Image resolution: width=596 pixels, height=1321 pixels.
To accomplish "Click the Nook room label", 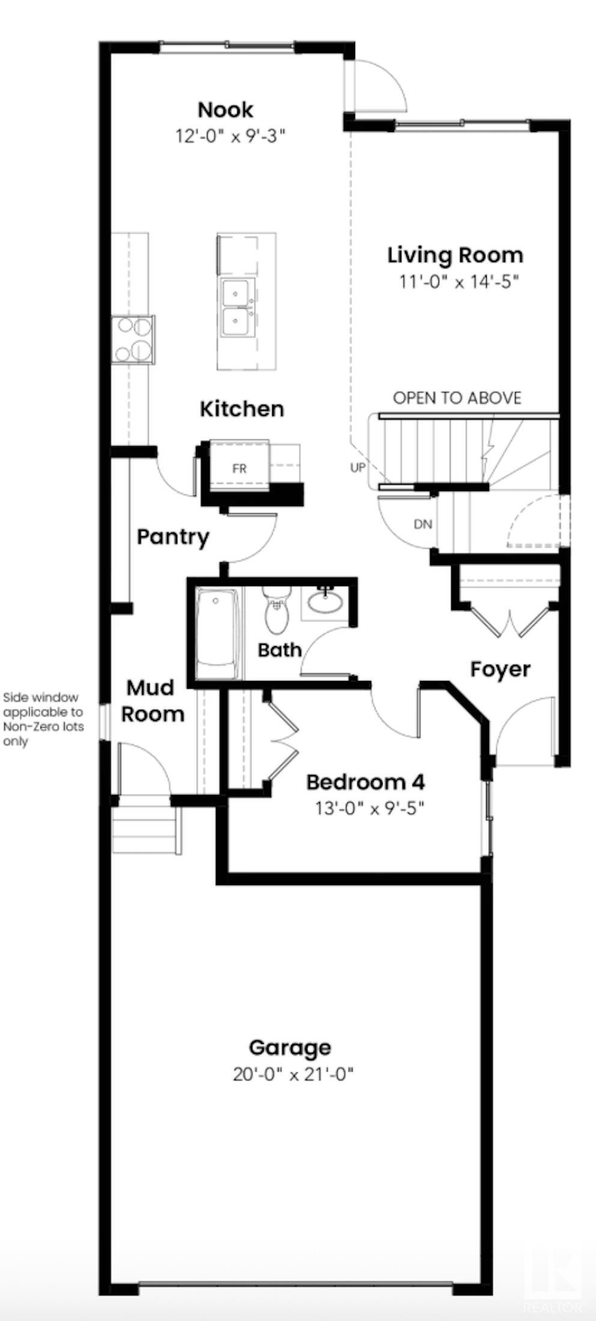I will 226,110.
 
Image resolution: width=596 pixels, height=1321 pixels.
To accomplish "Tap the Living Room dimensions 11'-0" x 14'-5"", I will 458,281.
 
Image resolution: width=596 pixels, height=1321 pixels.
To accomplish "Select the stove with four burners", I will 133,339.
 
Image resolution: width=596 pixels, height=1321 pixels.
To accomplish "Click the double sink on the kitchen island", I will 238,307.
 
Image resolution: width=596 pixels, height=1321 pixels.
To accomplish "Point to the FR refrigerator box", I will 239,468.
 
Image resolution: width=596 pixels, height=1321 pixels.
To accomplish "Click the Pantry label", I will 173,536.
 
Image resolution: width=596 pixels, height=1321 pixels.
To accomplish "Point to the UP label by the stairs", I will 357,467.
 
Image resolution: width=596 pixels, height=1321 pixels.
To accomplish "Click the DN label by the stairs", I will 423,524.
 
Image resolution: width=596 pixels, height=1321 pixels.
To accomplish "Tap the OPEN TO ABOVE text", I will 457,398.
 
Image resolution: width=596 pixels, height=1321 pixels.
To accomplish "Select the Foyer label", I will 500,669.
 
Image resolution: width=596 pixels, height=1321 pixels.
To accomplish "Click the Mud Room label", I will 151,700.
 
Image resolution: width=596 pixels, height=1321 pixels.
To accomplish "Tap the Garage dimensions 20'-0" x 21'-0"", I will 292,1074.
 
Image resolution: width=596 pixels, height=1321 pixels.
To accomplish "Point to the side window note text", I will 43,719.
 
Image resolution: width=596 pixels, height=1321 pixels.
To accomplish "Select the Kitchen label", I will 242,409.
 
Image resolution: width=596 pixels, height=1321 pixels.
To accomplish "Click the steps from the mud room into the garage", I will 146,832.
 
